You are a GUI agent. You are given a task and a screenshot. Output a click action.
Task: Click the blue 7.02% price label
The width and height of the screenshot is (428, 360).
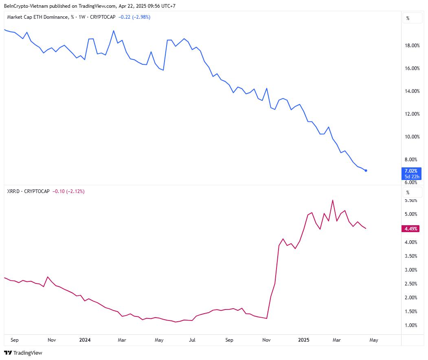click(x=411, y=171)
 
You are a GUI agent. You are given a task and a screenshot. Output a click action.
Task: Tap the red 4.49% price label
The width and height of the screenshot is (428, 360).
click(x=411, y=229)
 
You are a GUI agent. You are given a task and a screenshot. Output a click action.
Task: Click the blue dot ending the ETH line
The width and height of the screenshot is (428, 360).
click(x=366, y=170)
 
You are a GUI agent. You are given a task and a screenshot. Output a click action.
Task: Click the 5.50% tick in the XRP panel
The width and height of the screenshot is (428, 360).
click(x=411, y=200)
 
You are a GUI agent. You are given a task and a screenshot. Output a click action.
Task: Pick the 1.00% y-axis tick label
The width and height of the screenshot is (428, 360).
click(x=411, y=325)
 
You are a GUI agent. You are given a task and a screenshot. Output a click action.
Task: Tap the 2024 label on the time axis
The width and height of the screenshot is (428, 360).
click(x=85, y=340)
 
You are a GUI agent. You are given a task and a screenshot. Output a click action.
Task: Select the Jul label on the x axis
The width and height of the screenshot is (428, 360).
click(x=192, y=340)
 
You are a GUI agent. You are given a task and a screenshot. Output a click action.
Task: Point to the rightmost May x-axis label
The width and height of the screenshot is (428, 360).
click(x=373, y=340)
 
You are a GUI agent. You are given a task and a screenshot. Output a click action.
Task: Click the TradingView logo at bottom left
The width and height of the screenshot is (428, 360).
click(x=23, y=353)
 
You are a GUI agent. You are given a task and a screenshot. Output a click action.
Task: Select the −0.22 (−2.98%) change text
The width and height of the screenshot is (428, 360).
click(x=134, y=17)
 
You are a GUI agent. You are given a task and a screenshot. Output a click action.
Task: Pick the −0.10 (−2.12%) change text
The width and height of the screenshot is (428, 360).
click(x=68, y=191)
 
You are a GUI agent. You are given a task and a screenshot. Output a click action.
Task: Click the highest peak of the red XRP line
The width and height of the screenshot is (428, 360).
click(x=333, y=200)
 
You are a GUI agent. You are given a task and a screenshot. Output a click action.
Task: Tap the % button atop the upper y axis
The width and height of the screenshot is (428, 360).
click(x=408, y=18)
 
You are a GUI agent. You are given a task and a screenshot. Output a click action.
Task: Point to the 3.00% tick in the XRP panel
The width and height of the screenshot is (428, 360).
click(x=411, y=270)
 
